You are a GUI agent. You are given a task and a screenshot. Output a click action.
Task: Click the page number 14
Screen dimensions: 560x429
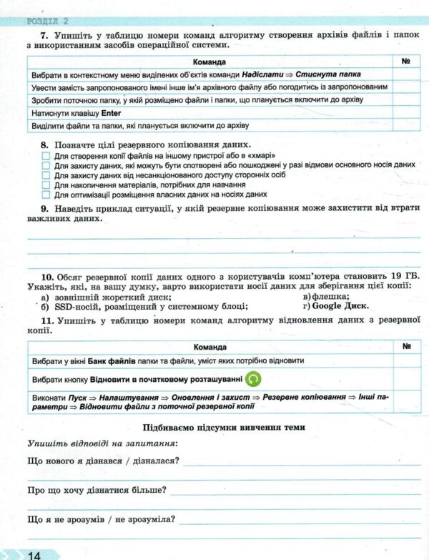(33, 554)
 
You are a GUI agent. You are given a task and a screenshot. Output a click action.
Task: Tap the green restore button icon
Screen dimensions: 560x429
(253, 379)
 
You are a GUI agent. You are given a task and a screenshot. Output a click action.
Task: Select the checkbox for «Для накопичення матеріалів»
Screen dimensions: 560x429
(46, 184)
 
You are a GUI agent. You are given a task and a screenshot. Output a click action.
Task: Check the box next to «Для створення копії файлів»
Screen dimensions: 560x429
(46, 155)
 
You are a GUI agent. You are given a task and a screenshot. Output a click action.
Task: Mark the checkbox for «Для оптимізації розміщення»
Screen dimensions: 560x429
(46, 194)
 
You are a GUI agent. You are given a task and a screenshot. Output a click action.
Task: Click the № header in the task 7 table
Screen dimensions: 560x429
(405, 61)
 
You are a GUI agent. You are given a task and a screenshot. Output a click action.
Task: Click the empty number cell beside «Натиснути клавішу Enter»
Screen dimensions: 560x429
(406, 112)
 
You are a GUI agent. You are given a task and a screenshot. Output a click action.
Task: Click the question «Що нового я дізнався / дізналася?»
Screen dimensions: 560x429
(102, 460)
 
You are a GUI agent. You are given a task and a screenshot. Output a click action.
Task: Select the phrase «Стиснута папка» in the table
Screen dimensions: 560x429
(327, 74)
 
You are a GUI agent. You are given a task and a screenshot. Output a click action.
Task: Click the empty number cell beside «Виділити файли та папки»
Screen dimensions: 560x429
(406, 125)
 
